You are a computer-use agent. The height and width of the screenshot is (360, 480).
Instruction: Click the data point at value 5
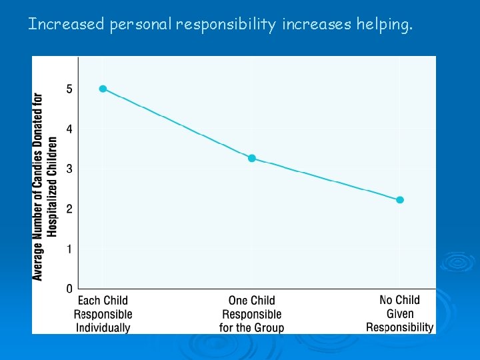click(x=103, y=89)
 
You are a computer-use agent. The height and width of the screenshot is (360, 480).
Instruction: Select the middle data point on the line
click(x=251, y=159)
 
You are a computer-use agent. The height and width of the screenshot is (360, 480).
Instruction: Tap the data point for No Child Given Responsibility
click(x=400, y=200)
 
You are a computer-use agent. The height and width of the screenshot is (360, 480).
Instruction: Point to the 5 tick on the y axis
click(x=69, y=89)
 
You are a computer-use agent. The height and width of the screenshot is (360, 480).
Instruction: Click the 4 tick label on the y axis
click(x=69, y=129)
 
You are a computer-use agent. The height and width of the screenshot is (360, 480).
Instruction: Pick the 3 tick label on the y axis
click(x=69, y=169)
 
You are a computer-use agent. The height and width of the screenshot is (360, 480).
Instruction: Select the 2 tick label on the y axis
click(x=69, y=209)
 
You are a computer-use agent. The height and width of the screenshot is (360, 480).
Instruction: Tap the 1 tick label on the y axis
click(x=69, y=249)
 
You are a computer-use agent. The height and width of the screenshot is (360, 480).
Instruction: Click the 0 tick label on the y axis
click(x=69, y=289)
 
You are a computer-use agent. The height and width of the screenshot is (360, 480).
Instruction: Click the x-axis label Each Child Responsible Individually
click(x=103, y=314)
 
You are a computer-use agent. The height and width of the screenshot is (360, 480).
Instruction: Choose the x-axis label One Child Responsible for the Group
click(x=251, y=314)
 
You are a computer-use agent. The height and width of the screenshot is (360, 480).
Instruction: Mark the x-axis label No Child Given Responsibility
click(x=400, y=313)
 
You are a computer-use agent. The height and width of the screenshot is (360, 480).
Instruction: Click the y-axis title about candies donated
click(x=45, y=186)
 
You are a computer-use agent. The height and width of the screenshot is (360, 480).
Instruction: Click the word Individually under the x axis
click(x=103, y=327)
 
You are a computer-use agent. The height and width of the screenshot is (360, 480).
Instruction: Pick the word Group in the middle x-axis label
click(x=269, y=327)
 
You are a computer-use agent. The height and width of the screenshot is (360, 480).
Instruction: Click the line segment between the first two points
click(x=177, y=123)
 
